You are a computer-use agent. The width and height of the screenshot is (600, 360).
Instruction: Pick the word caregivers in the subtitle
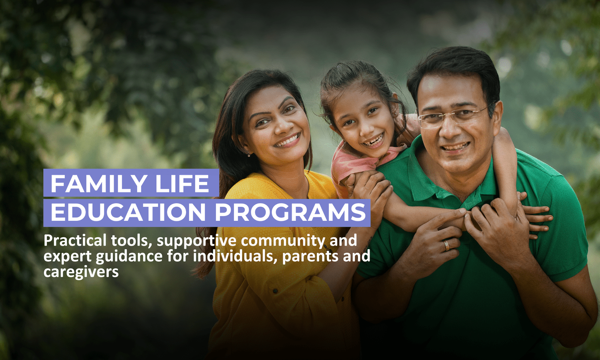tap(81, 272)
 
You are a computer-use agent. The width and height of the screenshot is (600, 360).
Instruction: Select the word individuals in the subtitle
tap(235, 256)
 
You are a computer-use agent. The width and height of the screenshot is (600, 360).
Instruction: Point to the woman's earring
tap(249, 154)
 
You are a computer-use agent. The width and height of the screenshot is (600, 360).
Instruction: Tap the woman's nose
tap(281, 128)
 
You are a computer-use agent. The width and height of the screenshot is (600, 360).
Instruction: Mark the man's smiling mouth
tap(456, 147)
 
